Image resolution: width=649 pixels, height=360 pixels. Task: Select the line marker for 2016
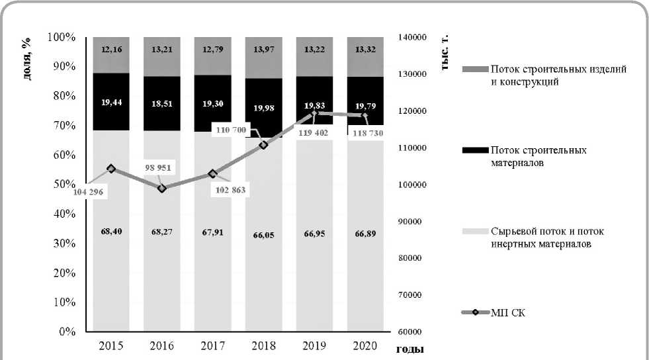pos(162,189)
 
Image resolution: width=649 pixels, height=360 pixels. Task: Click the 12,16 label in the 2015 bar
pos(110,49)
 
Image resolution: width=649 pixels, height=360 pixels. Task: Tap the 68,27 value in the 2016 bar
pos(162,233)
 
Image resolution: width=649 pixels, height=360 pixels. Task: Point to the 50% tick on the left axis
pos(64,184)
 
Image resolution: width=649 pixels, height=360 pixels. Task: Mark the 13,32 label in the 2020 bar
pos(365,49)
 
